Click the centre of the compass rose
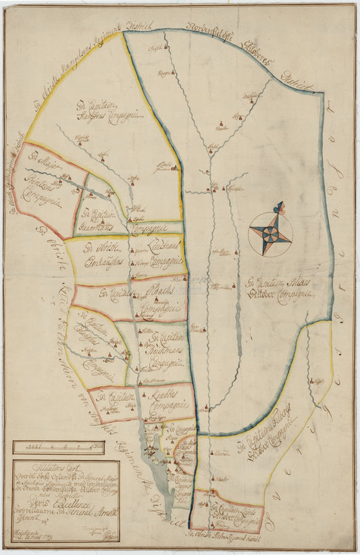pyautogui.click(x=270, y=234)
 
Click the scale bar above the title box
pyautogui.click(x=58, y=447)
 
